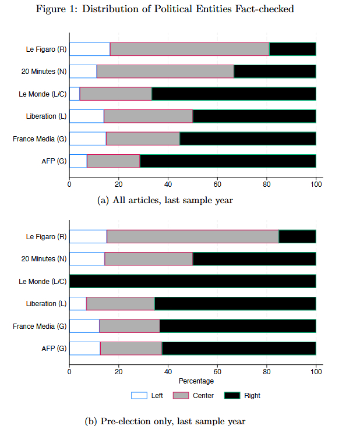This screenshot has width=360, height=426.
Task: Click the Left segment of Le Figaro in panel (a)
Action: [x=90, y=49]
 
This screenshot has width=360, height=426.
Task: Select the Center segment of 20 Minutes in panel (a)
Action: [x=165, y=71]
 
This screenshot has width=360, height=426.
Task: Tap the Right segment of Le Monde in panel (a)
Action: [x=234, y=94]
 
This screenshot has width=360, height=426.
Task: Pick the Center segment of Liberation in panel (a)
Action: [x=148, y=116]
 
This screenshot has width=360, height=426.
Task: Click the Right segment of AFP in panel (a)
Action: [x=228, y=161]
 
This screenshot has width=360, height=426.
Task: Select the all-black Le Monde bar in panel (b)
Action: [x=192, y=281]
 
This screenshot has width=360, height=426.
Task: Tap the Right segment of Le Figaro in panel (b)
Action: [x=297, y=236]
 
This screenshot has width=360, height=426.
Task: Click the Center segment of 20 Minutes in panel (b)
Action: [x=149, y=258]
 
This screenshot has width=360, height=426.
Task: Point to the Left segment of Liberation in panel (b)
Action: [x=77, y=303]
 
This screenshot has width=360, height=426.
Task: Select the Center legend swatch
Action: [x=181, y=396]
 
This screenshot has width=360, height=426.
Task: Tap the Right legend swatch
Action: [x=232, y=396]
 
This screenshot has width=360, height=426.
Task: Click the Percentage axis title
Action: [x=196, y=381]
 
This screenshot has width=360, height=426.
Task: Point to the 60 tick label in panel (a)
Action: [x=217, y=184]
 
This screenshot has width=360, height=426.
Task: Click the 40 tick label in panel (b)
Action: [x=168, y=371]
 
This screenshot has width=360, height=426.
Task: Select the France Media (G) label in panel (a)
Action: [x=40, y=139]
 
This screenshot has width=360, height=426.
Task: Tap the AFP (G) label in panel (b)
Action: [x=55, y=349]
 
